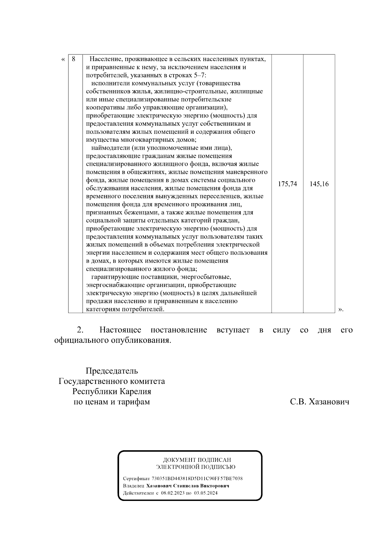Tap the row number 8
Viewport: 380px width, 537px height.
click(x=73, y=59)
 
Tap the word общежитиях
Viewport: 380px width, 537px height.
click(x=147, y=172)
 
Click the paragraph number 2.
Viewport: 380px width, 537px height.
click(x=80, y=330)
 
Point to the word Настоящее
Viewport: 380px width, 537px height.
click(x=120, y=330)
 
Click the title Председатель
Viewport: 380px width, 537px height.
click(x=112, y=371)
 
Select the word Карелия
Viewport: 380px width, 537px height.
click(x=135, y=391)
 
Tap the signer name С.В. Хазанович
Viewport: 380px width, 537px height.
click(x=320, y=402)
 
